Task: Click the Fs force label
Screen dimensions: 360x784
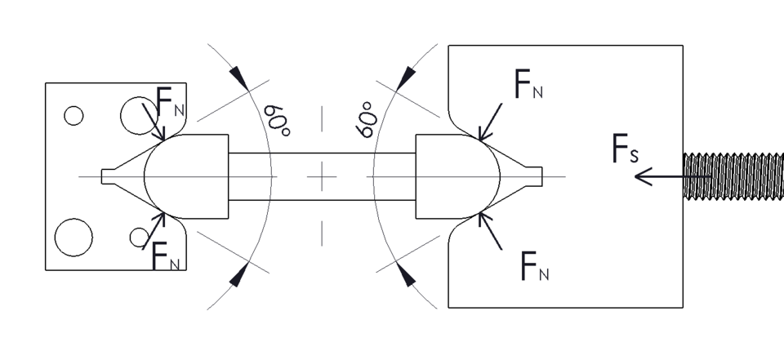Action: click(x=625, y=149)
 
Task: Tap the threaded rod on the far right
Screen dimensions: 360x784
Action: click(x=733, y=176)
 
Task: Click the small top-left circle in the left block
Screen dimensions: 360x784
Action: click(x=73, y=116)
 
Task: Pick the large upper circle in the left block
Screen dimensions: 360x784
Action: click(x=135, y=115)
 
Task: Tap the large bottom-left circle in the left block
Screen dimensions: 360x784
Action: click(x=72, y=236)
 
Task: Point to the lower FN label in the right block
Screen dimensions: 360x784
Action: click(x=533, y=266)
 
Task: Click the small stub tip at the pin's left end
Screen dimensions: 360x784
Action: click(x=107, y=176)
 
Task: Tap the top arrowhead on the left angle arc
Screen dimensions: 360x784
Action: click(x=238, y=77)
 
